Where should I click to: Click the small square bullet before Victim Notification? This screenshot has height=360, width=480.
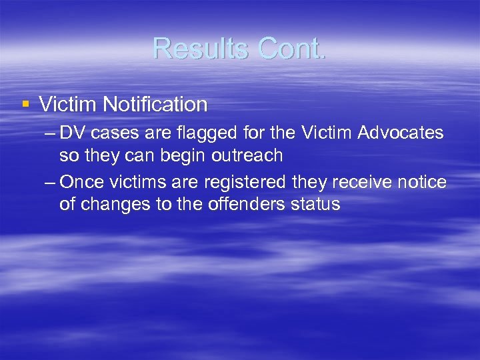[25, 104]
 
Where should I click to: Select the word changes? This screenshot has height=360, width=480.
[115, 204]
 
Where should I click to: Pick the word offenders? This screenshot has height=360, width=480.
[239, 204]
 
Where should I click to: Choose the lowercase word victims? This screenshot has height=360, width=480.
[138, 182]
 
